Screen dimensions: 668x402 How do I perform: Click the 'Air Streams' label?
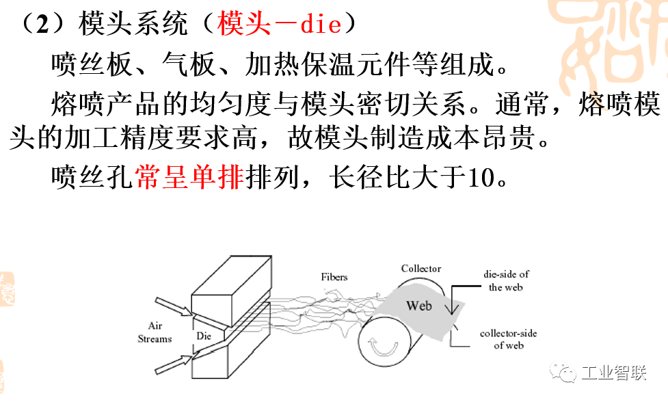155,332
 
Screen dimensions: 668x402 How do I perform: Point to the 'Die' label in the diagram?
204,336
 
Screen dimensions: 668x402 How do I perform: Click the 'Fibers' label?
334,277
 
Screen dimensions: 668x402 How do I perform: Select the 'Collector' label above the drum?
420,269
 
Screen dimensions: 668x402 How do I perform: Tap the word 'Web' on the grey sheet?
419,305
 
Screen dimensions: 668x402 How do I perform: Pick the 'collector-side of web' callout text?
508,339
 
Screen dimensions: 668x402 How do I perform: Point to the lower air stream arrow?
174,363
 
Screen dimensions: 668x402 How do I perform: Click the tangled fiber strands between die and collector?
321,308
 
